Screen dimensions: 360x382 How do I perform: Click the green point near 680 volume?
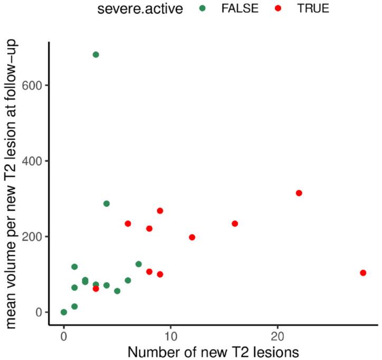pyautogui.click(x=96, y=54)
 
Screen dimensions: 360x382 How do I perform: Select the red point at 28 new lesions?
pyautogui.click(x=363, y=273)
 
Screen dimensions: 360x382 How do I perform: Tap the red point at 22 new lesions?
pyautogui.click(x=299, y=193)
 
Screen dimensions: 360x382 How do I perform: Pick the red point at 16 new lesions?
pyautogui.click(x=235, y=223)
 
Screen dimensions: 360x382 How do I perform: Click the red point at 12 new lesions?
pyautogui.click(x=192, y=237)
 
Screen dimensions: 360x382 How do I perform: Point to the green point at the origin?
pyautogui.click(x=64, y=312)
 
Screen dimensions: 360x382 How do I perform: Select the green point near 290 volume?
pyautogui.click(x=107, y=203)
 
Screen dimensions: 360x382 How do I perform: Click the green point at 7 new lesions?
pyautogui.click(x=138, y=264)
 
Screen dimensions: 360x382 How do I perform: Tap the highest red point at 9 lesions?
pyautogui.click(x=160, y=211)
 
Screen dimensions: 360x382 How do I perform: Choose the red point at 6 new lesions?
pyautogui.click(x=128, y=223)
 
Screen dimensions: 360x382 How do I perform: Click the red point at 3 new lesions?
pyautogui.click(x=96, y=288)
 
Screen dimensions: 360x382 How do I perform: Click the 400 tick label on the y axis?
pyautogui.click(x=32, y=161)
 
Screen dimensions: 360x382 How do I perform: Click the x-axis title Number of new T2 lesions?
pyautogui.click(x=213, y=352)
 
